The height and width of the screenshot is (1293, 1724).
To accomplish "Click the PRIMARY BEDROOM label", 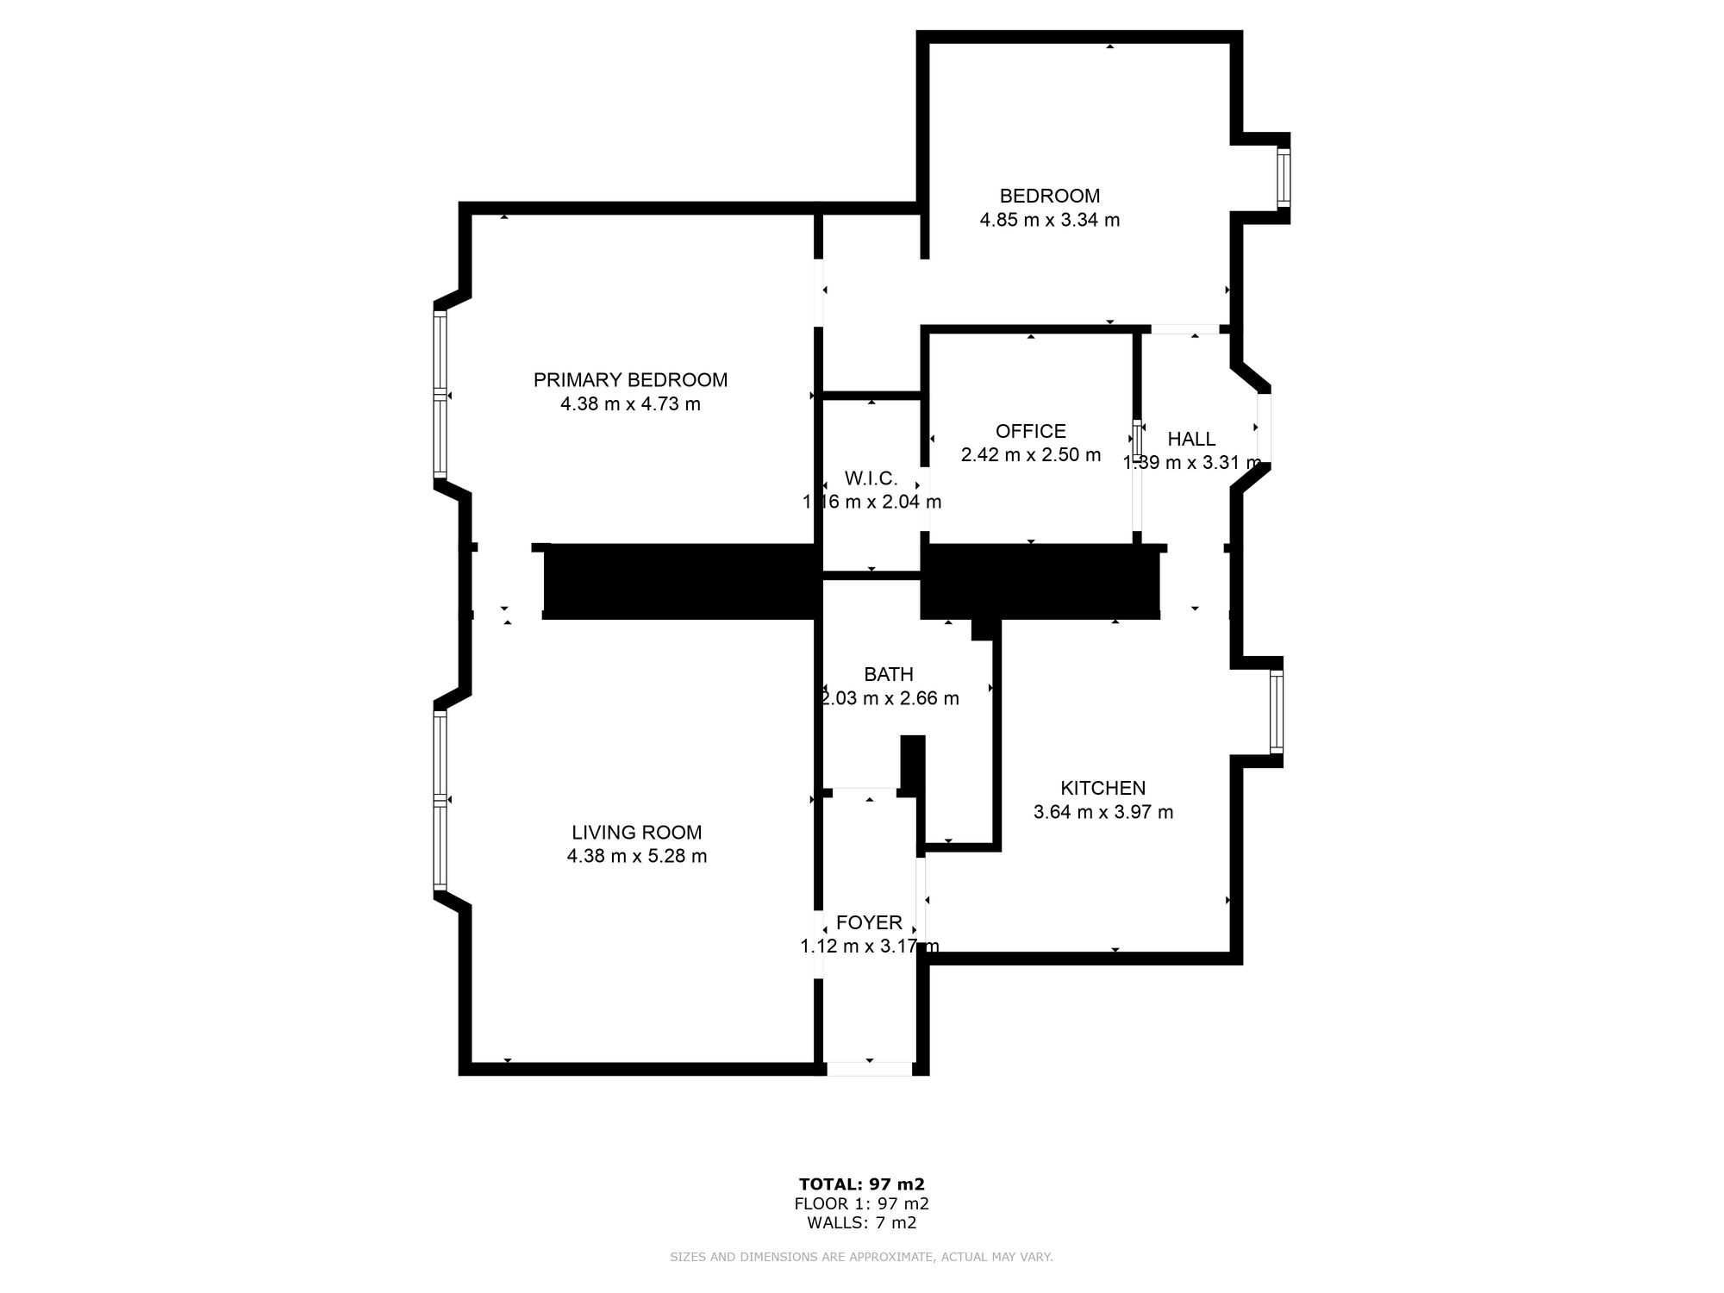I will pos(630,380).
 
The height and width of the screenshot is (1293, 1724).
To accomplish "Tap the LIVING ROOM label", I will pos(637,833).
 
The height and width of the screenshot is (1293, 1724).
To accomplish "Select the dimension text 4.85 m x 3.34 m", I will pos(1049,220).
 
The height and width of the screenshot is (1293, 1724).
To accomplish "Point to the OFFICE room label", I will pos(1030,431).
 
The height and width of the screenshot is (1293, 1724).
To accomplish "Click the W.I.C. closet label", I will pos(871,478).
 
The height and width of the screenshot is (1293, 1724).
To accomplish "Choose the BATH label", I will pos(888,675).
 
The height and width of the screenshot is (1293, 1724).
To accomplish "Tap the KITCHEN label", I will pos(1102,788).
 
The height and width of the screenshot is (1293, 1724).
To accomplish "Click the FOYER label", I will pos(869,922).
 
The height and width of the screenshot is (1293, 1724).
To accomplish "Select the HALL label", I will pos(1191,440).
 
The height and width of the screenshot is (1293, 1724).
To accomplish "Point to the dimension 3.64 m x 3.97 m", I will pos(1102,812).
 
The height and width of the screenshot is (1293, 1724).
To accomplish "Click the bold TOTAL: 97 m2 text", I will pos(861,1184).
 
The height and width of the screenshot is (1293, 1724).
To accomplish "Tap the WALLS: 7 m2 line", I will pos(861,1222).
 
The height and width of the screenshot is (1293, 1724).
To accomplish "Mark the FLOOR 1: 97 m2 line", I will pos(861,1203).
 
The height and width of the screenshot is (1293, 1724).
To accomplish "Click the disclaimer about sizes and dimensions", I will pos(861,1258).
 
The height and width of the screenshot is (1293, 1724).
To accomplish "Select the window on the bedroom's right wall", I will pos(1284,178).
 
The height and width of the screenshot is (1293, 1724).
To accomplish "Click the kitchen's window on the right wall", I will pos(1277,712).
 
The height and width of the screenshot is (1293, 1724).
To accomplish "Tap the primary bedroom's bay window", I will pos(440,394).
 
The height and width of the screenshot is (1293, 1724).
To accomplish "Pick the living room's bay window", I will pos(440,800).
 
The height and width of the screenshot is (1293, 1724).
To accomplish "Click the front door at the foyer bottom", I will pos(869,1069).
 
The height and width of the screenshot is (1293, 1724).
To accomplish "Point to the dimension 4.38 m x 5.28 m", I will pos(637,857).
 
